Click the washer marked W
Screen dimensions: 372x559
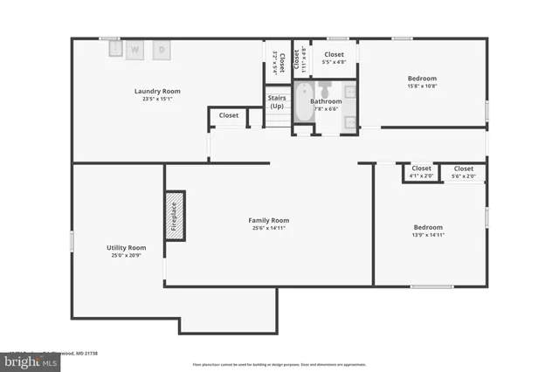(135, 51)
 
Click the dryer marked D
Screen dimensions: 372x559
(162, 51)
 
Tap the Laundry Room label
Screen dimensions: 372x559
(157, 92)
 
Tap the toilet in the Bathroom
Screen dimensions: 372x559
(326, 89)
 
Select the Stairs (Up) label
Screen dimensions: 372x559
(277, 102)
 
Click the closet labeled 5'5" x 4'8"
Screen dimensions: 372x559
(335, 59)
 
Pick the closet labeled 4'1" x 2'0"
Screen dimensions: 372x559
(421, 171)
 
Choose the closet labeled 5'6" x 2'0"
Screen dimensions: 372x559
(463, 171)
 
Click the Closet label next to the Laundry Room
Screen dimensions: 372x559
(229, 115)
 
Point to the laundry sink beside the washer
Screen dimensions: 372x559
(115, 50)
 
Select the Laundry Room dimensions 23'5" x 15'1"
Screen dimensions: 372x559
(157, 99)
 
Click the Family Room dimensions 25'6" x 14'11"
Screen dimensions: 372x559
(268, 229)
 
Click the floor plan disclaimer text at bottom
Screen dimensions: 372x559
(279, 364)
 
